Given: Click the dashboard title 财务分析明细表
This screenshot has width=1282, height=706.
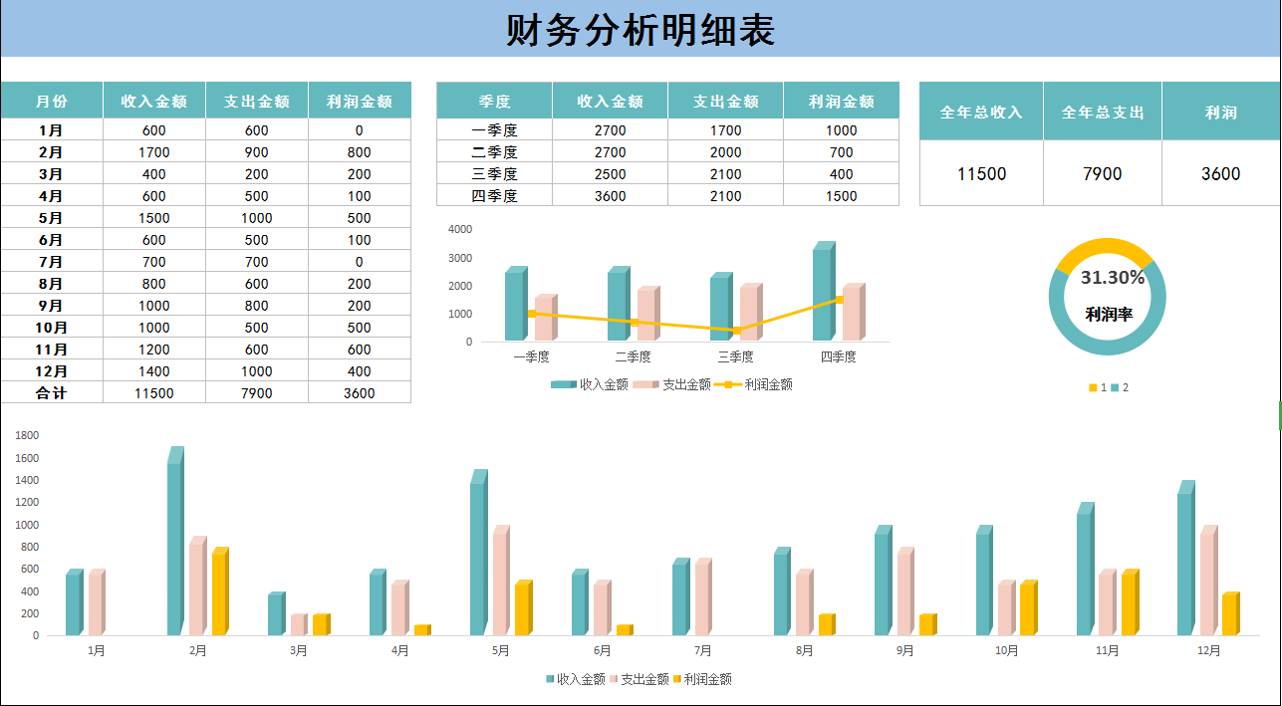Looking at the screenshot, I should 641,31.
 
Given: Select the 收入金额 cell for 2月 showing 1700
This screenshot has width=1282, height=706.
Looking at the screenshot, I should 154,152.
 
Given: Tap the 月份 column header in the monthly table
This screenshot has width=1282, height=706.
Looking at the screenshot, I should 52,101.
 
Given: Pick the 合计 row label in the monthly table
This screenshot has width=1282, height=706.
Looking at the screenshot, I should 52,393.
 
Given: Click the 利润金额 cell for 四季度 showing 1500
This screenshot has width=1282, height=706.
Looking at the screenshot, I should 841,196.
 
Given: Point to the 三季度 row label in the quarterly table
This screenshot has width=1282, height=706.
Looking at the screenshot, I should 494,174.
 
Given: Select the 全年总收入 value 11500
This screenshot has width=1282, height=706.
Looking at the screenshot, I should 981,174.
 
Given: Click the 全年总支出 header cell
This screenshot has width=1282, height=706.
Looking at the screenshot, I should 1103,112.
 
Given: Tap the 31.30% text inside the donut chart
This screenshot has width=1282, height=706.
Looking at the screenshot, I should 1112,278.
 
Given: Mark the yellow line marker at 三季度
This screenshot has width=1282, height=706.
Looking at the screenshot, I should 736,331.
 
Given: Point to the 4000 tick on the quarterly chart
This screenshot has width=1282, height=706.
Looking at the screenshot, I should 460,229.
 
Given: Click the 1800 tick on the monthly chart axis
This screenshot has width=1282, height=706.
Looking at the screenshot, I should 27,435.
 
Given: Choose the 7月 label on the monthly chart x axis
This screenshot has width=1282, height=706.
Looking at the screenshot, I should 703,651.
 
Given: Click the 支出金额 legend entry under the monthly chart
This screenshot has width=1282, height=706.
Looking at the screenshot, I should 643,679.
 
